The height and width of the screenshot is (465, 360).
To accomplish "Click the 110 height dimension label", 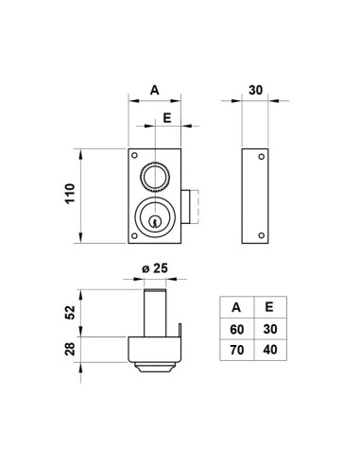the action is click(x=70, y=193).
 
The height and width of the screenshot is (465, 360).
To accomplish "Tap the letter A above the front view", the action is click(x=154, y=90).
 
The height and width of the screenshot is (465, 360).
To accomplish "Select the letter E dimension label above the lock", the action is click(x=167, y=118).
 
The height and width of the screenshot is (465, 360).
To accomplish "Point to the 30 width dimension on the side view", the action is click(x=255, y=90).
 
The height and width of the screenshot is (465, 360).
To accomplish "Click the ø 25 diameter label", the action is click(x=155, y=268).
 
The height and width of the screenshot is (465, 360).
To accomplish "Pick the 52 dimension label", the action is click(x=70, y=312).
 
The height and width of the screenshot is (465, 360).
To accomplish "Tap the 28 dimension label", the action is click(x=70, y=349).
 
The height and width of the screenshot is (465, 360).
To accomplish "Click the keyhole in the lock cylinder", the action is click(x=155, y=222).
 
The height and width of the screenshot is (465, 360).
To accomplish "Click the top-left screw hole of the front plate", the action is click(x=134, y=155).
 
